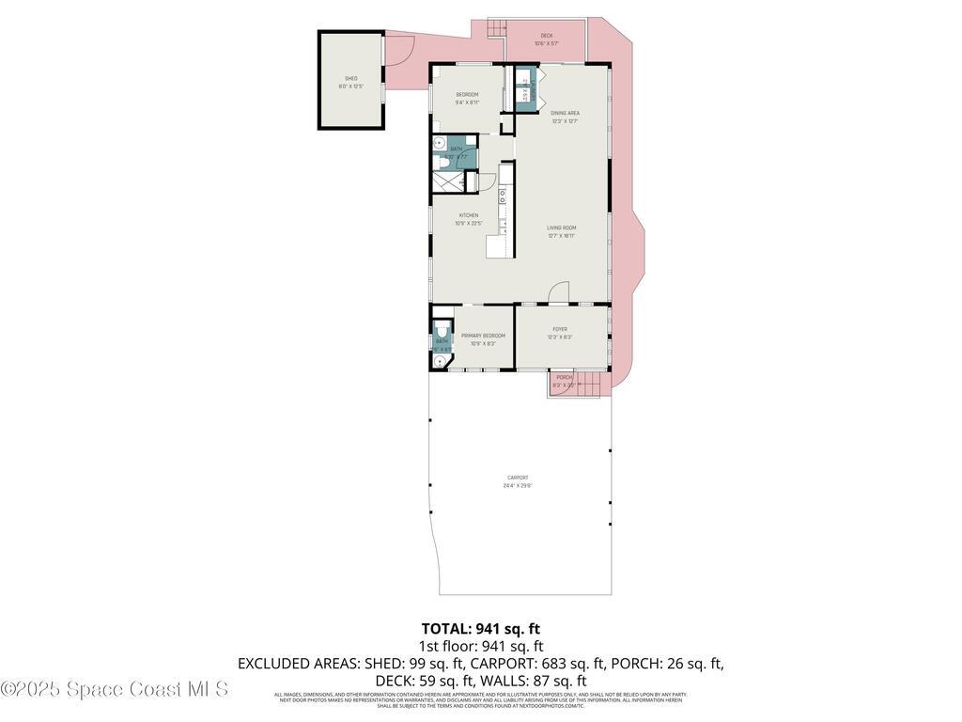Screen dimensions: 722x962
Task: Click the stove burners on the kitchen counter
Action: (504, 196)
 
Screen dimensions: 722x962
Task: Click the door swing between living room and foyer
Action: (560, 292)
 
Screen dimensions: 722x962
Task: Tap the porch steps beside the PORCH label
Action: (587, 384)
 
